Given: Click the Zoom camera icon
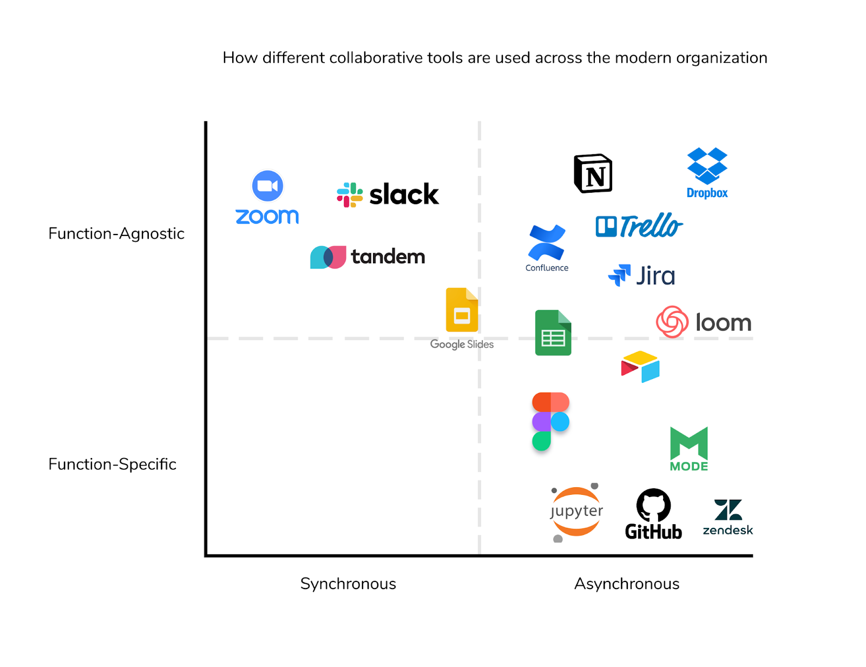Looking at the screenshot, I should coord(267,186).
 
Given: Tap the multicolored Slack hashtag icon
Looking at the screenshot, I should coord(350,195).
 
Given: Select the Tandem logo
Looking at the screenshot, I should coord(368,257).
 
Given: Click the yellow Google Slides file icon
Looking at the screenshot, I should coord(462,310).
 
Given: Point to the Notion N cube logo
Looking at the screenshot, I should coord(593,174).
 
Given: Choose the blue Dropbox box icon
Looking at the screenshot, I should coord(707,165).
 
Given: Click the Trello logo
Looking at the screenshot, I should coord(639,226).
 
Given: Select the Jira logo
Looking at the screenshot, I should coord(641,276).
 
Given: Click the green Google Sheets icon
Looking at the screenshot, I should coord(553,332).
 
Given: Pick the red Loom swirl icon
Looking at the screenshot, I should coord(672,322).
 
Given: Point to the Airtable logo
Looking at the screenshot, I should coord(640,367).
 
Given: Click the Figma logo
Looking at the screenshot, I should coord(550,421).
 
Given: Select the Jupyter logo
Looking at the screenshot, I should coord(576,512).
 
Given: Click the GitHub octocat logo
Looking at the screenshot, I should coord(653,505).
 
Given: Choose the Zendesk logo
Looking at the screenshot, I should coord(727,518).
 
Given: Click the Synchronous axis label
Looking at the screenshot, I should coord(348,584).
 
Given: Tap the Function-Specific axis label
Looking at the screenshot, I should coord(112,464).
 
